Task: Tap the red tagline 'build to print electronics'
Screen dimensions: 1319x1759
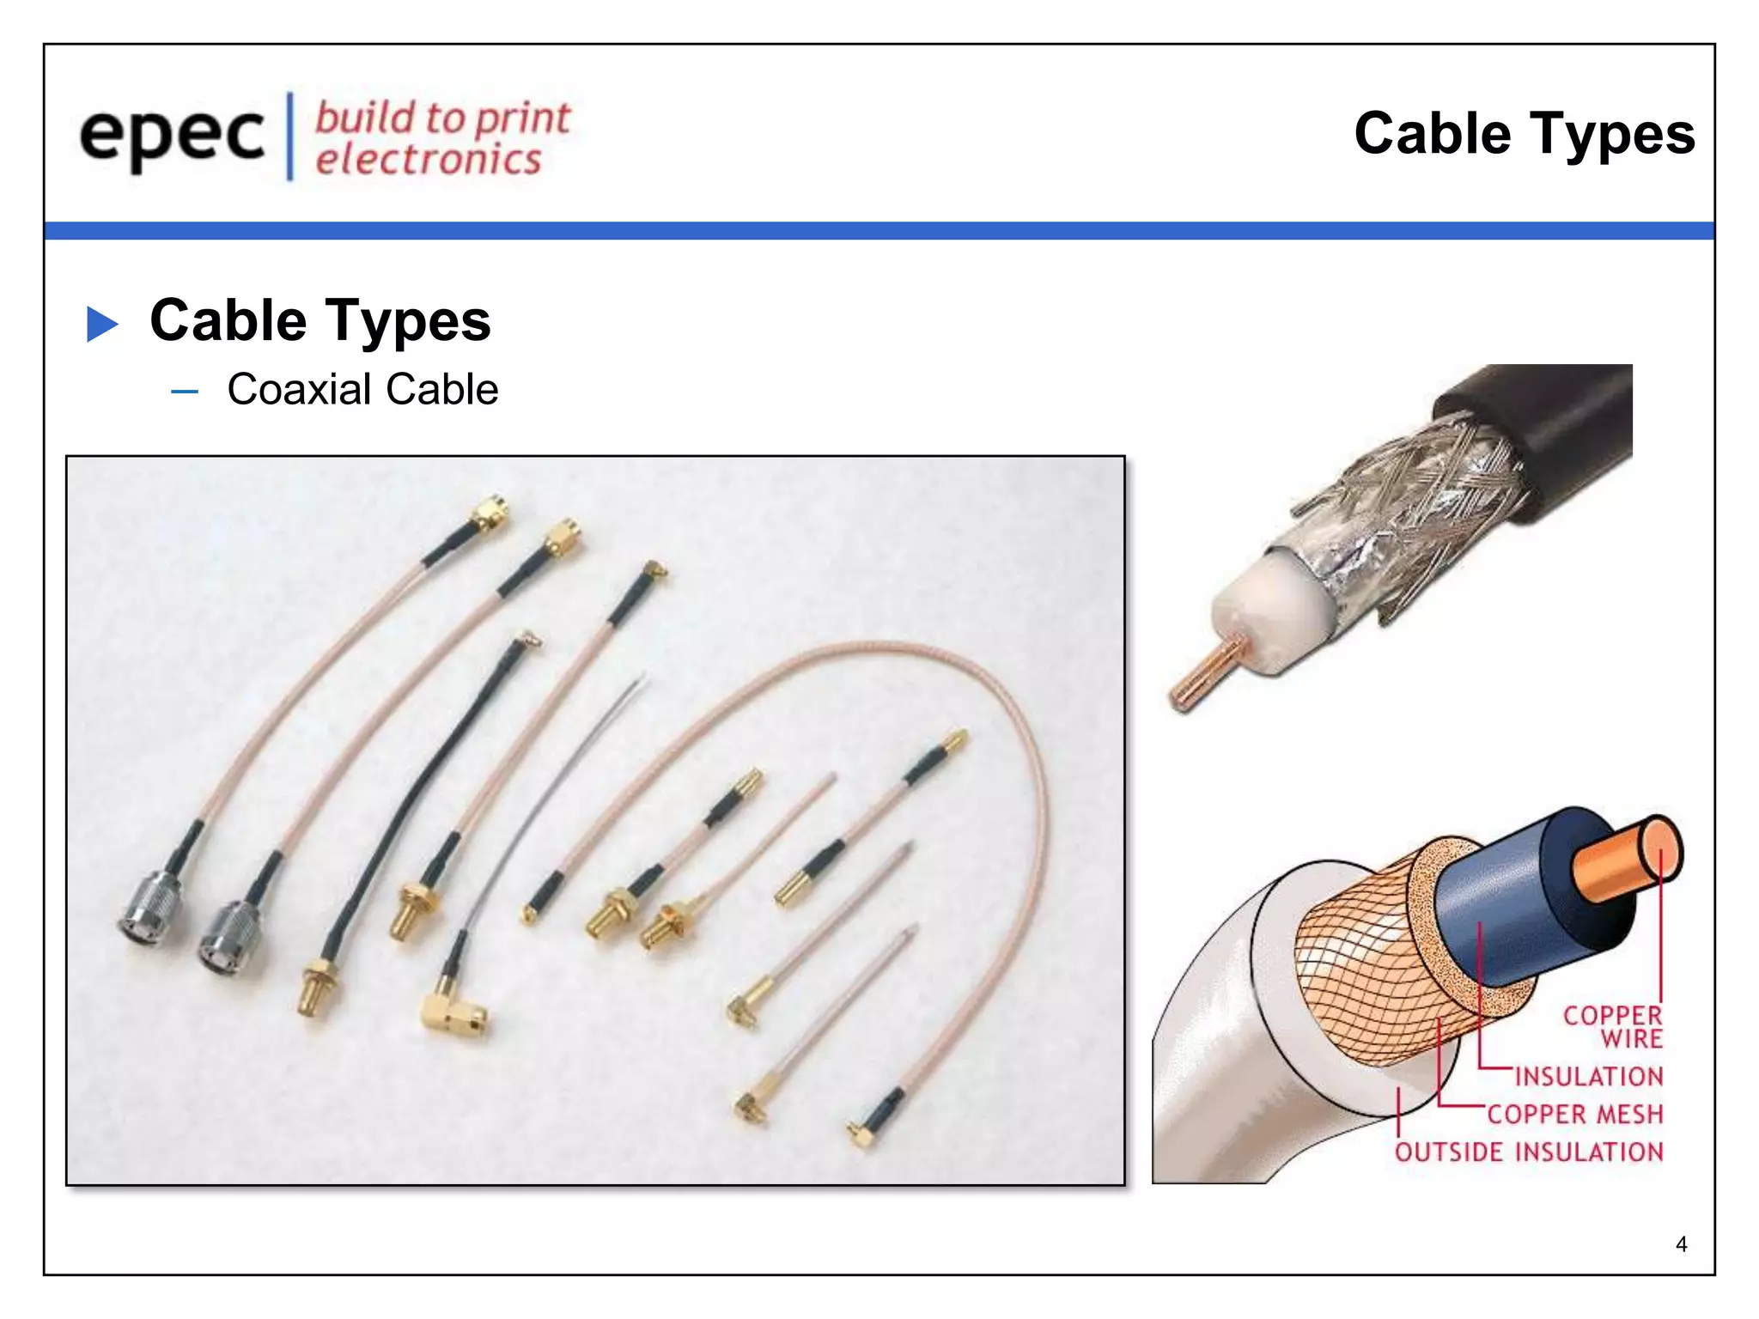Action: tap(441, 138)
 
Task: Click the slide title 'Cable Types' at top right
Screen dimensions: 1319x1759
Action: tap(1524, 134)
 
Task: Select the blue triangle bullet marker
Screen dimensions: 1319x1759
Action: tap(102, 324)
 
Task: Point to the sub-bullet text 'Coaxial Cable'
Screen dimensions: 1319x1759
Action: tap(362, 389)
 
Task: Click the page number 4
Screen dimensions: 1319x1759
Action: tap(1681, 1244)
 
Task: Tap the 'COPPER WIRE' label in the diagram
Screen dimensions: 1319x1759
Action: tap(1612, 1027)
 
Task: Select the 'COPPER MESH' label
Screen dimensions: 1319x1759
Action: tap(1575, 1114)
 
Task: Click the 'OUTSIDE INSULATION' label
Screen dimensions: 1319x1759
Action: tap(1529, 1152)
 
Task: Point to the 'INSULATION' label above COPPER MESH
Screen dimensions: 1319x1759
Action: tap(1589, 1076)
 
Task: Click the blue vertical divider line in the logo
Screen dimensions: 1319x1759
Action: tap(290, 137)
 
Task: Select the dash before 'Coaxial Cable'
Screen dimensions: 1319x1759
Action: tap(185, 392)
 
